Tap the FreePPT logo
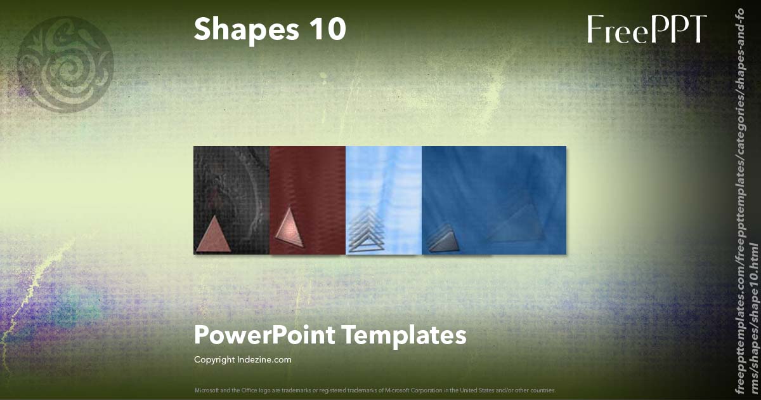click(646, 30)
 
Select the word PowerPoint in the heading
click(263, 335)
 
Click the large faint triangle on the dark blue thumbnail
click(517, 222)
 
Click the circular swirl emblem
click(65, 63)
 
